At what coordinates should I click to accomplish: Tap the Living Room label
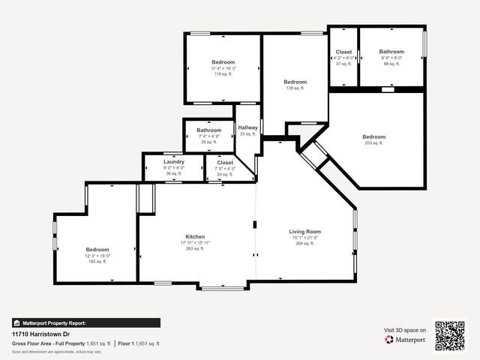pos(304,231)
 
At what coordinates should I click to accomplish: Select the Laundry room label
pos(173,162)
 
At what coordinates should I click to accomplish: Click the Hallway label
pos(247,127)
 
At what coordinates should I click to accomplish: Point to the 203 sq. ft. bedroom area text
pos(373,142)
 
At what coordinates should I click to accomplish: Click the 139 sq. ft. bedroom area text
pos(295,88)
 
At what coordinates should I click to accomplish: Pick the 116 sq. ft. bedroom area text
pos(223,74)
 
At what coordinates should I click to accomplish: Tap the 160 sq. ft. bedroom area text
pos(97,261)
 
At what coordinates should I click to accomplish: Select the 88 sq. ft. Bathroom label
pos(391,52)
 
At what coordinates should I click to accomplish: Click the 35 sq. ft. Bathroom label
pos(208,130)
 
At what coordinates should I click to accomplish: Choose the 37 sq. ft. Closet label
pos(343,52)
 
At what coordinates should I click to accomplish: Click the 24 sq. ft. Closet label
pos(225,163)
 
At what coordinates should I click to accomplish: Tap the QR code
pos(450,335)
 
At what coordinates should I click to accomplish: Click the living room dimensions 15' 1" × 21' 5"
pos(304,238)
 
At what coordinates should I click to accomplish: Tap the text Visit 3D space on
pos(405,330)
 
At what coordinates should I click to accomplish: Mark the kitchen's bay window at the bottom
pos(222,287)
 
